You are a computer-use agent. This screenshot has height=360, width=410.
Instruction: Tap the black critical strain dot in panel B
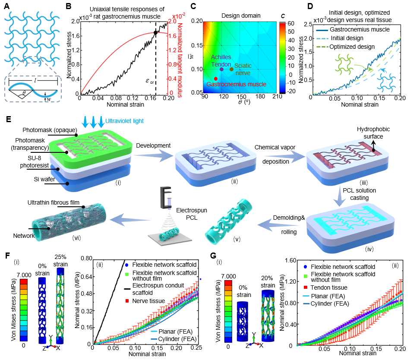pyautogui.click(x=155, y=32)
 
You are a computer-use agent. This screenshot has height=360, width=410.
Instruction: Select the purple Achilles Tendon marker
pyautogui.click(x=221, y=69)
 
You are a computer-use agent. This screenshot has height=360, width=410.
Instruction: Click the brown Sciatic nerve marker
pyautogui.click(x=231, y=69)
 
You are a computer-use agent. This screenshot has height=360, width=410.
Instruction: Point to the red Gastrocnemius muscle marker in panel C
pyautogui.click(x=216, y=79)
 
